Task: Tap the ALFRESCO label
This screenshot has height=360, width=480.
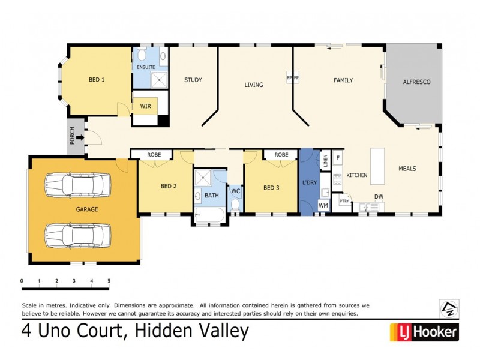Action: click(x=416, y=82)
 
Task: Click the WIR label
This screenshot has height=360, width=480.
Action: click(x=145, y=106)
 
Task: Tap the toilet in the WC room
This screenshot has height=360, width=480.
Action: click(x=235, y=205)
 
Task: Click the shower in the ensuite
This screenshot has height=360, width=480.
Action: click(x=159, y=80)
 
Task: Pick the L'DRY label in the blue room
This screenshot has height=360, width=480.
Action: click(x=310, y=182)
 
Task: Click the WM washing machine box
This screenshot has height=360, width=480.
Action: click(x=323, y=206)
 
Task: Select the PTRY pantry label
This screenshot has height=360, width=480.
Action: click(x=344, y=202)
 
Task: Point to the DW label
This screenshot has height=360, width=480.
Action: click(x=379, y=197)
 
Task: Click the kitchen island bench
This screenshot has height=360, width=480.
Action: click(x=377, y=166)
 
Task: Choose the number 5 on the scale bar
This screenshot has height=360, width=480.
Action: click(x=109, y=281)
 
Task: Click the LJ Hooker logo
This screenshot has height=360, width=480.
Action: click(x=424, y=331)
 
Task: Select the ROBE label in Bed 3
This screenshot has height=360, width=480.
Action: click(x=281, y=155)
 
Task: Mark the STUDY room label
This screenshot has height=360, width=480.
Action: click(x=193, y=80)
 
